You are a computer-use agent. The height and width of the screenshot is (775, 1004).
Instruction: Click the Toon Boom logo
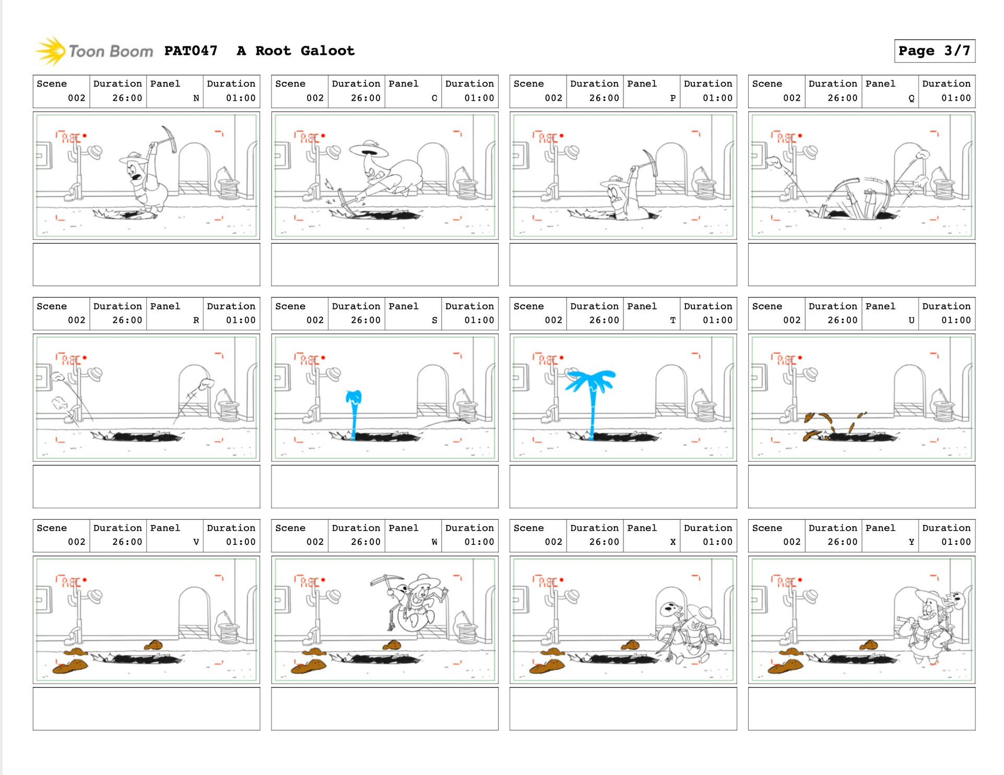(94, 51)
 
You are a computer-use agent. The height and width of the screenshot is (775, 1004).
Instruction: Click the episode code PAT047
(191, 51)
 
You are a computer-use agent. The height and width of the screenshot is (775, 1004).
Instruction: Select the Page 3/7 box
(934, 51)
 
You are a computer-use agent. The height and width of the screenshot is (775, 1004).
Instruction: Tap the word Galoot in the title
(327, 51)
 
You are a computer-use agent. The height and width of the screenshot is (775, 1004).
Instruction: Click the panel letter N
(196, 98)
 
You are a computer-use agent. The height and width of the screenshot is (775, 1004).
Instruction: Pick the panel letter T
(673, 320)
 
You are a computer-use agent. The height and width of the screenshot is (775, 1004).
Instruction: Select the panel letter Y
(912, 542)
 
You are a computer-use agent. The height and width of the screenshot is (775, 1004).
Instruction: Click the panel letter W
(434, 542)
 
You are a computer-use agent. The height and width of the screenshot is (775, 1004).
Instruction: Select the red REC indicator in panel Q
(787, 137)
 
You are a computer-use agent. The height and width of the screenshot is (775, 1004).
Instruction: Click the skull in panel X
(670, 609)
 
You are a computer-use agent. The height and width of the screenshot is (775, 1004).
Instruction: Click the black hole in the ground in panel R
(138, 436)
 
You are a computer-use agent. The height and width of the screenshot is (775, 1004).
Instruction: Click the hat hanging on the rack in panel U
(810, 374)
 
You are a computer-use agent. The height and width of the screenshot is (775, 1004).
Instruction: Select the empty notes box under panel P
(623, 264)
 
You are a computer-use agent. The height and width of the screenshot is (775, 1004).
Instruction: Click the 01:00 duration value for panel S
(479, 320)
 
